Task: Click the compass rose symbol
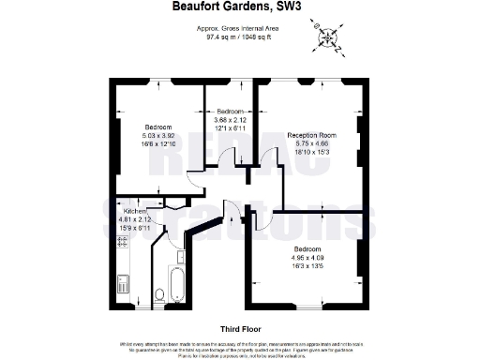pos(328,37)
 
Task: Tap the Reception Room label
pos(311,135)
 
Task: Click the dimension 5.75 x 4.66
pos(311,143)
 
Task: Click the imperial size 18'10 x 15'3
pos(311,152)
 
